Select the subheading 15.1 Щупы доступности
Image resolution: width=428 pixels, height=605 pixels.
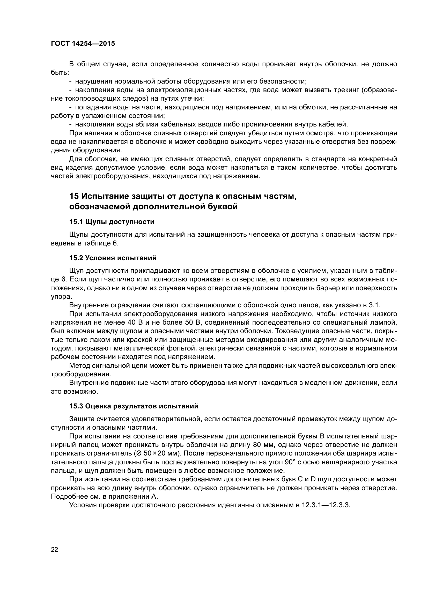(x=112, y=222)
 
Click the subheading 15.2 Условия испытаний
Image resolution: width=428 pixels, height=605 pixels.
(x=113, y=258)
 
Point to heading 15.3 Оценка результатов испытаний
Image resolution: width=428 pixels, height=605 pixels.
(x=134, y=406)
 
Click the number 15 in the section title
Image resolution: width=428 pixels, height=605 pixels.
(x=74, y=196)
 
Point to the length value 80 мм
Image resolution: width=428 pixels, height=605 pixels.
(x=264, y=445)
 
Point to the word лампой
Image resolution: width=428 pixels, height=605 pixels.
(x=386, y=323)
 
